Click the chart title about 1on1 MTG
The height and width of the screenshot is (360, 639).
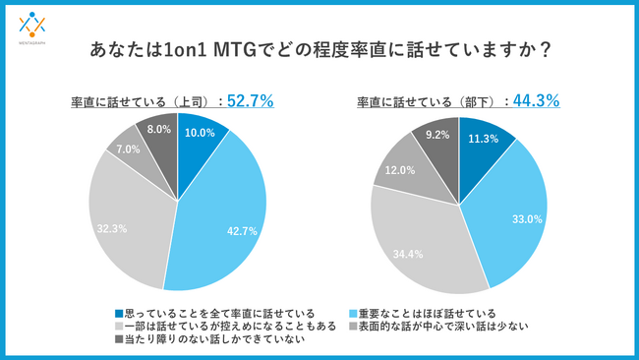320,48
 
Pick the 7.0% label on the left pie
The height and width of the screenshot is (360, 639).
128,150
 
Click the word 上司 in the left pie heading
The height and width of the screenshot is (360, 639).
184,100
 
